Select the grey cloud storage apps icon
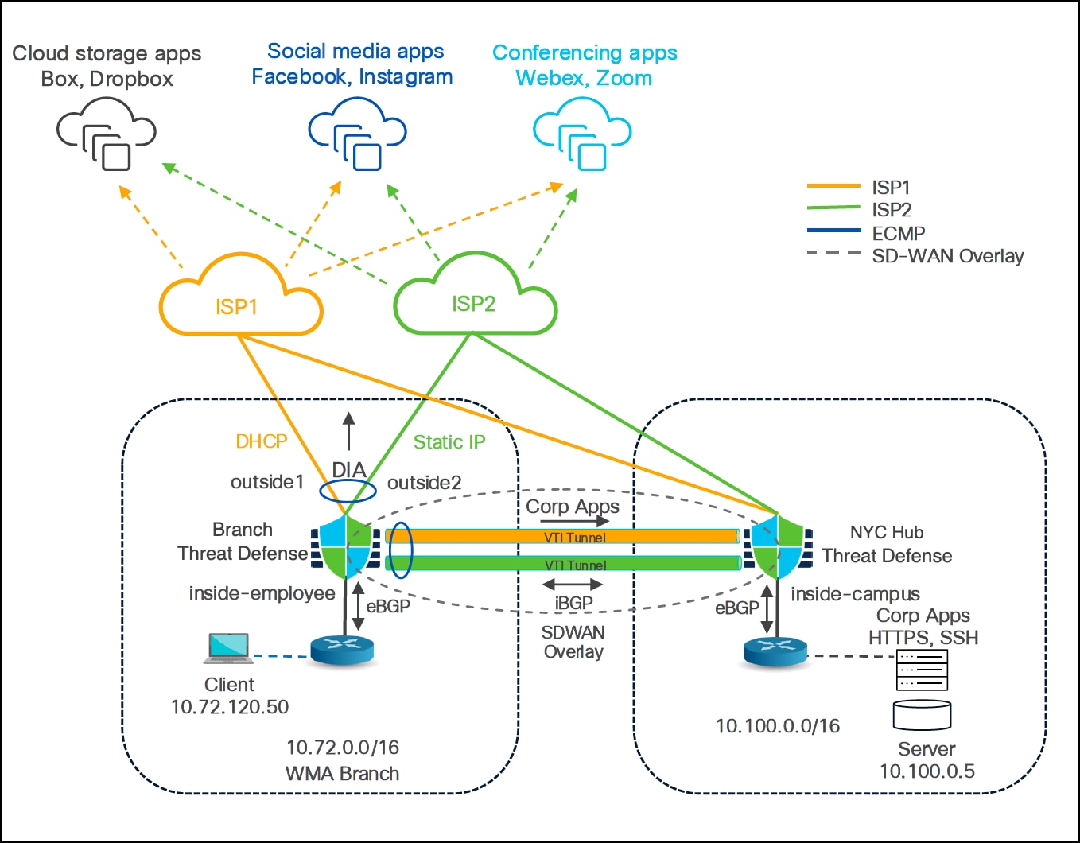107,133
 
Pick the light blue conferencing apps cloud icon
582,134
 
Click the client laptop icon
228,648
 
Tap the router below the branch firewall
342,651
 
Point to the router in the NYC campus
775,651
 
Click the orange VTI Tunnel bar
563,537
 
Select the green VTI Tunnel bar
563,564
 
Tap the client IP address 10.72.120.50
230,707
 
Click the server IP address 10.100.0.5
927,771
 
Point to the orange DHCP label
261,441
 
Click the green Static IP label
449,442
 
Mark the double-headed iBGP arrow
573,585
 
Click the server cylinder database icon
922,715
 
